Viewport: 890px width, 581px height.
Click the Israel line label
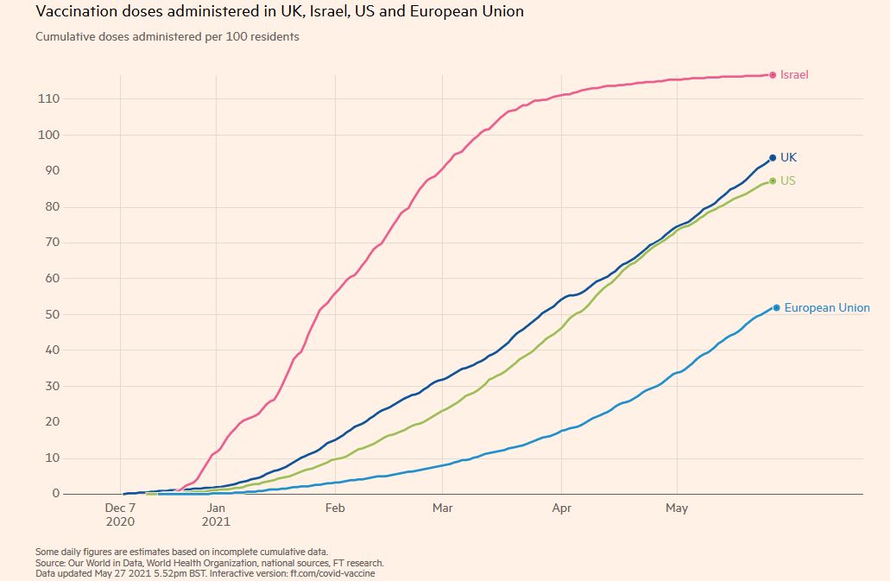794,75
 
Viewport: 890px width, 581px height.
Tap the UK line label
788,158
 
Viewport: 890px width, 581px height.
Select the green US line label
788,181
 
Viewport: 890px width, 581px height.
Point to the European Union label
827,308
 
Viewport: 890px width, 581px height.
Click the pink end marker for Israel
773,75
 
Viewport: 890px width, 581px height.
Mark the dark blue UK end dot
773,158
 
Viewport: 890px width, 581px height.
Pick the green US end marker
773,181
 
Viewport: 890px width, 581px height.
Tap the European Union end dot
777,307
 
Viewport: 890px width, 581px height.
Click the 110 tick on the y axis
47,99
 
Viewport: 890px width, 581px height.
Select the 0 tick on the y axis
55,494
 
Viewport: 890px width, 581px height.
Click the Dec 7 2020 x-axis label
120,515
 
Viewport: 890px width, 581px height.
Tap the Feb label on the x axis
335,508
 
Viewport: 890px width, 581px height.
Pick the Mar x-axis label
443,508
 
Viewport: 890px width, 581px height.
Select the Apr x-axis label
563,508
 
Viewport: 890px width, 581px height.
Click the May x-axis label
677,508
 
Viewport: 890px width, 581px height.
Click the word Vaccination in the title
77,12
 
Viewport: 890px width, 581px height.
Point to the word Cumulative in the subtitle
64,37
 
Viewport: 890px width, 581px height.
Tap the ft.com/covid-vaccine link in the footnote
333,573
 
